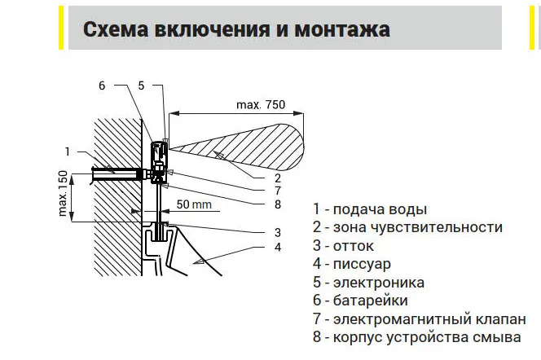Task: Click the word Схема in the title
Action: (116, 29)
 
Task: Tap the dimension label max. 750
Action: (261, 104)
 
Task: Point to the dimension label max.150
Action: (63, 194)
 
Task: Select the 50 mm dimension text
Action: (194, 204)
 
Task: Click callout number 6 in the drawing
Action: (102, 86)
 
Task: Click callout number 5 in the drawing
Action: (141, 86)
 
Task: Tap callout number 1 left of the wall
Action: (68, 151)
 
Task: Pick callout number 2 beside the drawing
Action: (278, 178)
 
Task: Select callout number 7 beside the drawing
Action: (278, 191)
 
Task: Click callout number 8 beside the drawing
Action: (278, 204)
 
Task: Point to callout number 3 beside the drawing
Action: (278, 232)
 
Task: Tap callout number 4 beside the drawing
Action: (278, 248)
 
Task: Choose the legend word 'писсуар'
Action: (362, 265)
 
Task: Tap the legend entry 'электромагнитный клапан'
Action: (429, 319)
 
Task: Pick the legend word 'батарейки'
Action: (370, 301)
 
